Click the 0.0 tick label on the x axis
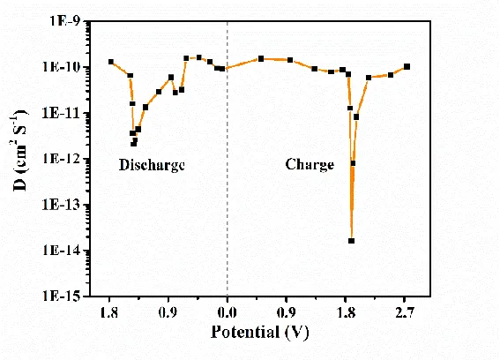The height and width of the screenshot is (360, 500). pos(228,311)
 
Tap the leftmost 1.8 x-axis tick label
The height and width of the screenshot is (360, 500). pos(109,311)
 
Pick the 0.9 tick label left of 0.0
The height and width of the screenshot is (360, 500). pos(168,311)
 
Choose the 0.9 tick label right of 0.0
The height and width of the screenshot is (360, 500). pos(287,311)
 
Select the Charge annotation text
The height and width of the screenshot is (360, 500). pos(310,165)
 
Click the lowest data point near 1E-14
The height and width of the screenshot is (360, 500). pos(351,241)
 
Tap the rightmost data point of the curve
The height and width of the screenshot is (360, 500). pos(407,66)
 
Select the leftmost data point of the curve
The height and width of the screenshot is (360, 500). pos(111,62)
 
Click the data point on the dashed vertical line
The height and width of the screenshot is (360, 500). pos(228,68)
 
